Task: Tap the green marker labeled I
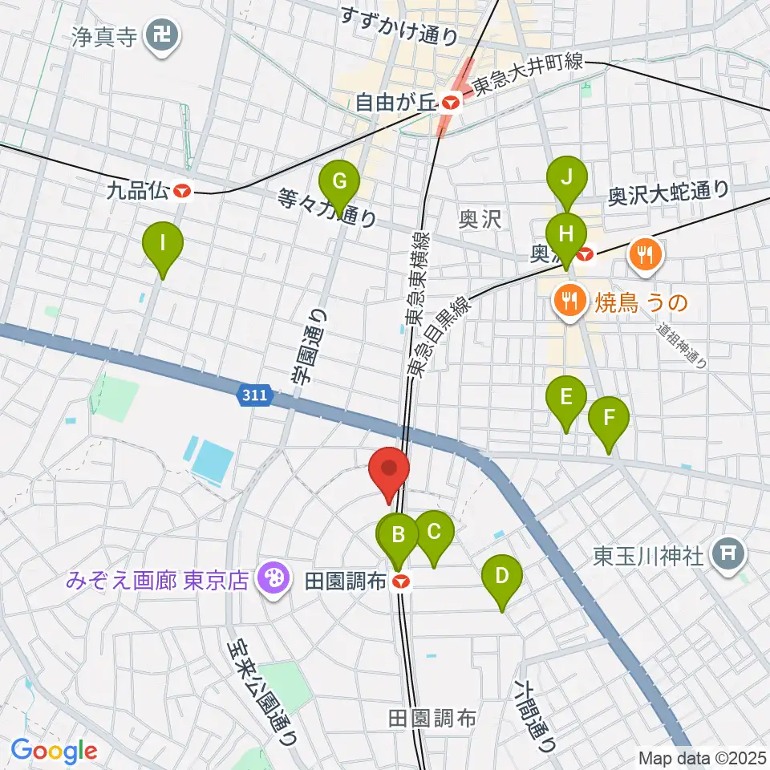162,242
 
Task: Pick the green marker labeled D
502,576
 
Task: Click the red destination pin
389,468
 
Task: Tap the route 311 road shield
255,395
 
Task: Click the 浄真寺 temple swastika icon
164,34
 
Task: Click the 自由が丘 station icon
451,103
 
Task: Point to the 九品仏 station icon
184,192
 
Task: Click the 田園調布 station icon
402,584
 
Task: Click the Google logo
55,752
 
